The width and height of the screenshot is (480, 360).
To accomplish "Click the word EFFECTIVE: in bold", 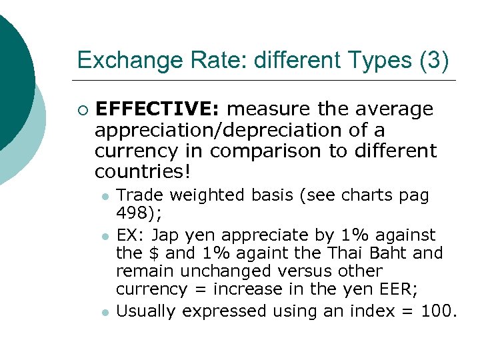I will pyautogui.click(x=158, y=109).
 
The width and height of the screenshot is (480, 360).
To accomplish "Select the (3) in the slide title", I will pyautogui.click(x=433, y=61).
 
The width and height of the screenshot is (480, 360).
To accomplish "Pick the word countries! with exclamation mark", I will pyautogui.click(x=143, y=172).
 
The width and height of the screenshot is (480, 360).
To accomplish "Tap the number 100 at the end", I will pyautogui.click(x=437, y=311).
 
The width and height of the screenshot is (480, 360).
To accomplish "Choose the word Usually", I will pyautogui.click(x=147, y=311).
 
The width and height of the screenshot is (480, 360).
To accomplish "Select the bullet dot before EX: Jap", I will pyautogui.click(x=105, y=236).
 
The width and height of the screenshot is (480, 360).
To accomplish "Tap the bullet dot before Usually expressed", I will pyautogui.click(x=105, y=312).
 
